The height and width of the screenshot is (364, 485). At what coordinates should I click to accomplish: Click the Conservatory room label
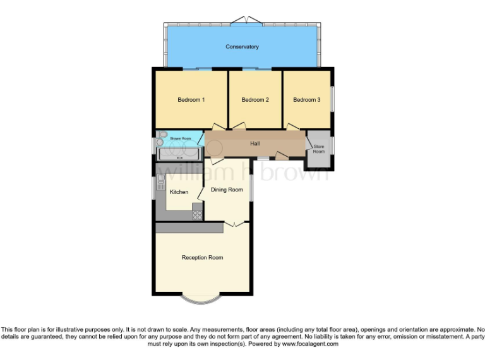(x=242, y=47)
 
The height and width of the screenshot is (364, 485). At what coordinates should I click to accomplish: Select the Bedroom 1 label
(x=191, y=100)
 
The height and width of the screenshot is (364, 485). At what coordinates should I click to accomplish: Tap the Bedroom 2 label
(x=255, y=100)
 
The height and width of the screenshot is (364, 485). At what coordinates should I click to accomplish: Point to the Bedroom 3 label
(x=306, y=100)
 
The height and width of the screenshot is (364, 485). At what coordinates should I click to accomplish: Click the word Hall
(x=255, y=144)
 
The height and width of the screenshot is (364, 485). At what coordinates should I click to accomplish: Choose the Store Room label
(x=319, y=149)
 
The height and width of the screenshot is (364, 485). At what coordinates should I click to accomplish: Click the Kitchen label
(x=179, y=191)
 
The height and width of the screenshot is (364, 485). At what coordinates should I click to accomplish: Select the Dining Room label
(x=227, y=190)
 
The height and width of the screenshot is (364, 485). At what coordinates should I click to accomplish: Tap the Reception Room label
(x=202, y=257)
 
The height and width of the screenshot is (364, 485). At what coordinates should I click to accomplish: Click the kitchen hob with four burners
(x=198, y=214)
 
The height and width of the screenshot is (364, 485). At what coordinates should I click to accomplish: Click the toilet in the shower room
(x=162, y=138)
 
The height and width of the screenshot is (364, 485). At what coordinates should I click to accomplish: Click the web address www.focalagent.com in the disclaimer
(x=310, y=344)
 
